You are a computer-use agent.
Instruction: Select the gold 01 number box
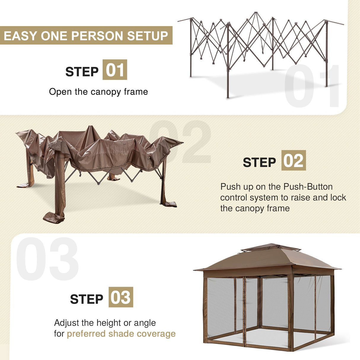coord(115,70)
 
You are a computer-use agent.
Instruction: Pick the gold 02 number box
coord(293,160)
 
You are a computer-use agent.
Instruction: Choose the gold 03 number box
coord(121,297)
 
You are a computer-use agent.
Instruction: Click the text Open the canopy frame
coord(98,92)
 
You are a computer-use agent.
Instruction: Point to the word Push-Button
coord(308,187)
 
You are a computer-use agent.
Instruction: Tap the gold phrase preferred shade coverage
coord(121,334)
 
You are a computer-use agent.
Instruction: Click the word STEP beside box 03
coord(86,299)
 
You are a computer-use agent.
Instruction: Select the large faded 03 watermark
coord(47,259)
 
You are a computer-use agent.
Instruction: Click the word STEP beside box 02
coord(259,163)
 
